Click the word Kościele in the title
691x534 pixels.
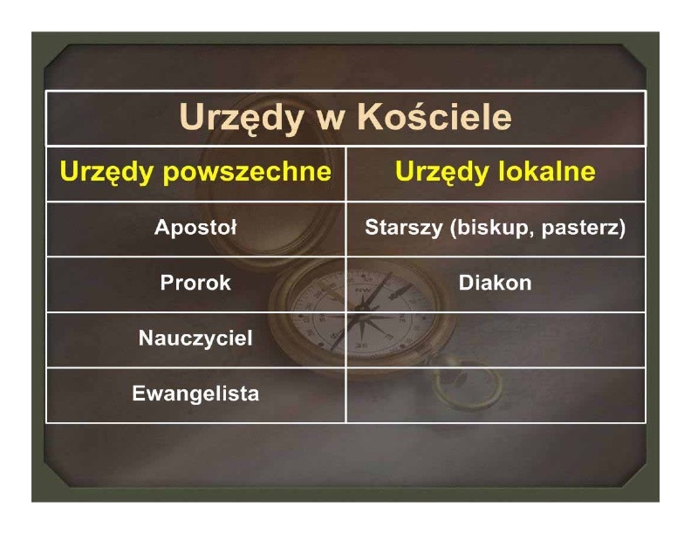pyautogui.click(x=434, y=117)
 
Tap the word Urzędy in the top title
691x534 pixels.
pyautogui.click(x=242, y=118)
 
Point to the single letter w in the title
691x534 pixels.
pyautogui.click(x=331, y=121)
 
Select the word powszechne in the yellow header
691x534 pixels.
pyautogui.click(x=247, y=172)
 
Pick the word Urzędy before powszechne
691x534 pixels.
pyautogui.click(x=108, y=172)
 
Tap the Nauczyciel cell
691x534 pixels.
pyautogui.click(x=195, y=339)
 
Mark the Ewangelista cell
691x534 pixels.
pyautogui.click(x=195, y=394)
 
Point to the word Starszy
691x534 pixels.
pyautogui.click(x=404, y=229)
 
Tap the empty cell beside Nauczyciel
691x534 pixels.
pyautogui.click(x=496, y=339)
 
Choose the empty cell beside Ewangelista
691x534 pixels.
pyautogui.click(x=496, y=395)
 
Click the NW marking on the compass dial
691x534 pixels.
pyautogui.click(x=363, y=291)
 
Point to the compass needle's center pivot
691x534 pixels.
pyautogui.click(x=362, y=314)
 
